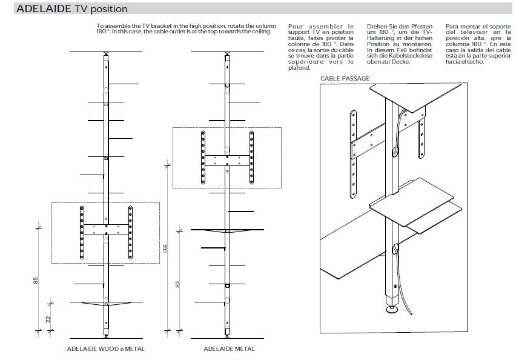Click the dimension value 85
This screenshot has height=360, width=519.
(x=37, y=280)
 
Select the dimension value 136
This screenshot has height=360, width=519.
(x=165, y=250)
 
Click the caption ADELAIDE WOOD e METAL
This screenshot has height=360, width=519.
(x=106, y=349)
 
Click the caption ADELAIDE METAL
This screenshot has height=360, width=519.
(x=229, y=349)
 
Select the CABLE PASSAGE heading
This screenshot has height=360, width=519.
(x=345, y=79)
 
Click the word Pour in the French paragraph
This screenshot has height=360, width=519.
(x=296, y=27)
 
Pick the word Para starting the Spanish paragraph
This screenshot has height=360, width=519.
(x=452, y=27)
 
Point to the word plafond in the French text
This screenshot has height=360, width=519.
(x=299, y=68)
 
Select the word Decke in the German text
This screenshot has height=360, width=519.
(x=400, y=62)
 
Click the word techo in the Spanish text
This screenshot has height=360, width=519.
(x=477, y=62)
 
